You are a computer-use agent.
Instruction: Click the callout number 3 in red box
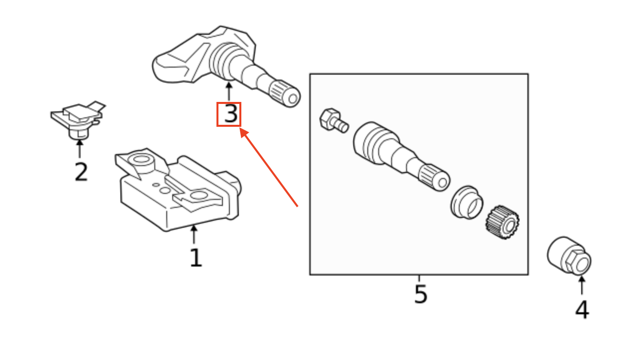click(229, 114)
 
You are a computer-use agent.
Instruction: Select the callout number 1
click(196, 258)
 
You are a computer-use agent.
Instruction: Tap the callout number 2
click(81, 172)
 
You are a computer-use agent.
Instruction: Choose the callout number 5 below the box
click(420, 294)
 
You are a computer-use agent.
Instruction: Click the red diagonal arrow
click(269, 167)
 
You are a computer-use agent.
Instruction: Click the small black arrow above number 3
click(229, 91)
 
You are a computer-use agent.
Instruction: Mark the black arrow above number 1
click(194, 234)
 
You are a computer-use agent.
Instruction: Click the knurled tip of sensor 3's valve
click(285, 92)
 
